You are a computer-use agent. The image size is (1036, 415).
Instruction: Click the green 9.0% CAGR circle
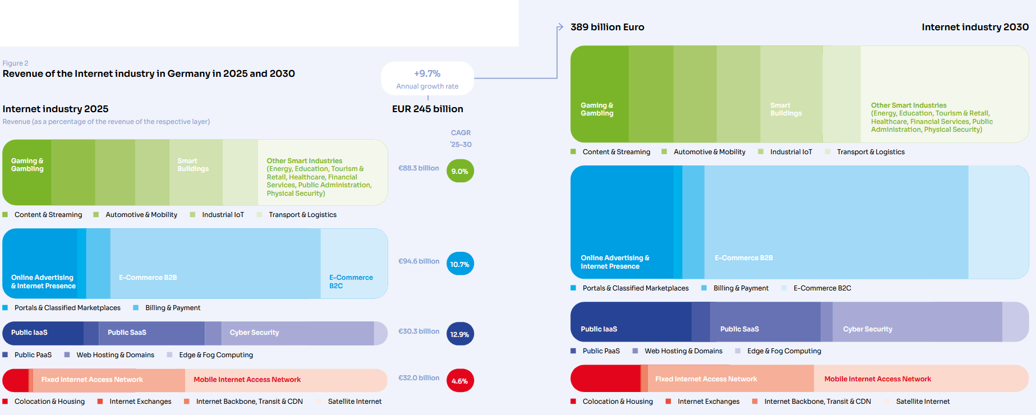[x=460, y=171]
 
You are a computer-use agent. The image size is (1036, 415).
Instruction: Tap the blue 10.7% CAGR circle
[x=460, y=264]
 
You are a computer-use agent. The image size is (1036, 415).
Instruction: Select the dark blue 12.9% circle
[x=460, y=334]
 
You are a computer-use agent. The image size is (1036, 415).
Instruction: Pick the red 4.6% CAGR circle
[x=460, y=381]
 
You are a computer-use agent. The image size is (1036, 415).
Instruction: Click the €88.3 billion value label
[x=418, y=168]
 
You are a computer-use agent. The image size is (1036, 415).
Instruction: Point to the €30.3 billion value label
[x=418, y=331]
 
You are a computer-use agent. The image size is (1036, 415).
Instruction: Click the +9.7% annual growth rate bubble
[x=427, y=79]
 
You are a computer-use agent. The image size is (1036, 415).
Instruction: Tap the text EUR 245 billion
[x=427, y=109]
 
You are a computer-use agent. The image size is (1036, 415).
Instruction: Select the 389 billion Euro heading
[x=607, y=27]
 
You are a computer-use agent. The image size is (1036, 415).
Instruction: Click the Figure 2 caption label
[x=15, y=63]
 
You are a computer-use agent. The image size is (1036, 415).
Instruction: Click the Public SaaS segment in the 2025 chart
[x=127, y=333]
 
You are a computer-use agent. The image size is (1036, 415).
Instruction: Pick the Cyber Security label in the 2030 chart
[x=867, y=329]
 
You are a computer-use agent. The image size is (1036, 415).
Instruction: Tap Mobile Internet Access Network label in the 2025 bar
[x=247, y=380]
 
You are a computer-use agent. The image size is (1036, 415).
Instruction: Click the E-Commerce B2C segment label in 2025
[x=351, y=282]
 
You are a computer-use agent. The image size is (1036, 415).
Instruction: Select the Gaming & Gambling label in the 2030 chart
[x=597, y=109]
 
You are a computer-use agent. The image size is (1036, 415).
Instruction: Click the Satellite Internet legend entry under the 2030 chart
[x=922, y=402]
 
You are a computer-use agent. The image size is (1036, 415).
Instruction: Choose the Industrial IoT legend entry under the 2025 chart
[x=223, y=215]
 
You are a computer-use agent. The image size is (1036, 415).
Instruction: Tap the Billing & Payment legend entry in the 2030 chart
[x=740, y=288]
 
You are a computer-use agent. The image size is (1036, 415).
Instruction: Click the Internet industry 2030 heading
[x=975, y=27]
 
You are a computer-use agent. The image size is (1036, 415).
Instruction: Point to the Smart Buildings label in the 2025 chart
[x=193, y=165]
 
